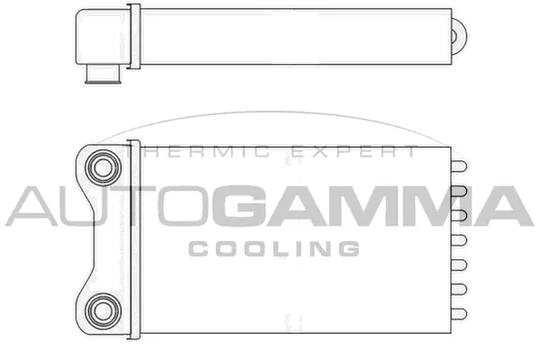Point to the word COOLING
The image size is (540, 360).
pos(274,247)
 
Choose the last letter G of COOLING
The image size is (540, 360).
pos(349,247)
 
